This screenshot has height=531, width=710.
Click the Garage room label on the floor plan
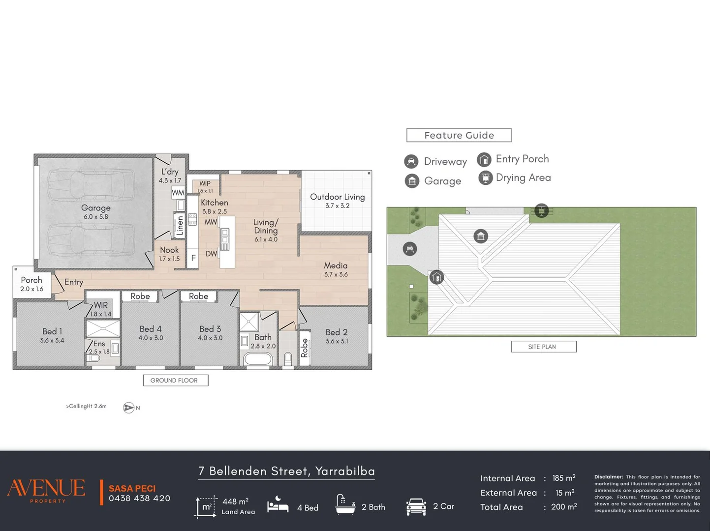[96, 208]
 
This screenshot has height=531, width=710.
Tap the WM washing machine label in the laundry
[178, 193]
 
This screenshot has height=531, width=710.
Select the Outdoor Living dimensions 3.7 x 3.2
[338, 206]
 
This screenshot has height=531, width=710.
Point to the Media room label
[336, 265]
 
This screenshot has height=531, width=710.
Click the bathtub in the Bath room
[258, 359]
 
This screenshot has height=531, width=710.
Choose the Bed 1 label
[52, 331]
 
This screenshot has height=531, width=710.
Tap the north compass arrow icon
[129, 408]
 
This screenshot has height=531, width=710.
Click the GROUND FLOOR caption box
[176, 381]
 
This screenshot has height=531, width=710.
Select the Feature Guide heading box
[459, 135]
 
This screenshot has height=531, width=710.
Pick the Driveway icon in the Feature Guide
[411, 162]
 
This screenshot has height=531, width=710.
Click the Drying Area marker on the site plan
[541, 210]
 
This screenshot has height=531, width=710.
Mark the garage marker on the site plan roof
[481, 236]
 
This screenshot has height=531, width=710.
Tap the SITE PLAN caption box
[544, 347]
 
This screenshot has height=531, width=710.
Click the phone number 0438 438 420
[139, 499]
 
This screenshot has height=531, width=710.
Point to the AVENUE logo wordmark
[46, 488]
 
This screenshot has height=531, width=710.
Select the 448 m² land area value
[236, 501]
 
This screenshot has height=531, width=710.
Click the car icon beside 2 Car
[416, 507]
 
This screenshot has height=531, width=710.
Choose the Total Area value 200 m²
[564, 507]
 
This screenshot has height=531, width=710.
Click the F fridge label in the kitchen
[193, 258]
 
